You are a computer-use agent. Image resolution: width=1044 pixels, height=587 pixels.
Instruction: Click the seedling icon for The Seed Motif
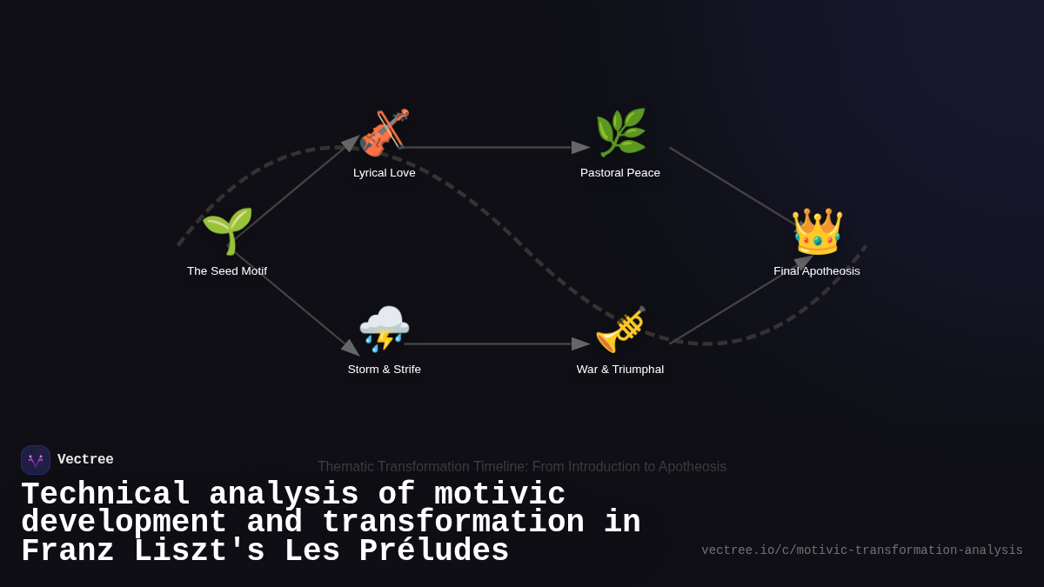pos(227,231)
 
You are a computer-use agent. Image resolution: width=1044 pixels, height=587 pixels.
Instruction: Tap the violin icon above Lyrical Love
pos(384,132)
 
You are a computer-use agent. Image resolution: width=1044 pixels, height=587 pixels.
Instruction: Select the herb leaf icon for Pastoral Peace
pos(620,132)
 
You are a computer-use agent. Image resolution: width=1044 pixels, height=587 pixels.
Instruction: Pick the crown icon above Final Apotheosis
pos(817,231)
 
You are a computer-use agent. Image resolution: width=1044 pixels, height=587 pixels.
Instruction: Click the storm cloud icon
pos(384,329)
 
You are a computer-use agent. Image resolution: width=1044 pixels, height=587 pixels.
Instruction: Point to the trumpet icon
pos(620,330)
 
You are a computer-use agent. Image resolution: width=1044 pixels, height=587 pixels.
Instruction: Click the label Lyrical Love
pos(385,173)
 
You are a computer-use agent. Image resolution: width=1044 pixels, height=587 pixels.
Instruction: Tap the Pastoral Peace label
pos(620,173)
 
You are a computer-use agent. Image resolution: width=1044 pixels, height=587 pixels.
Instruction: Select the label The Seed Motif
pos(227,271)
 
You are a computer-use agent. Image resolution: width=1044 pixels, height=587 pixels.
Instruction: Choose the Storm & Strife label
pos(385,370)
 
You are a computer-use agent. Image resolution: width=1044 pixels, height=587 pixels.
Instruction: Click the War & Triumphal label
pos(620,370)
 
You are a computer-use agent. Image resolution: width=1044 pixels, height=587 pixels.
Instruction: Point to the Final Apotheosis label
pos(817,271)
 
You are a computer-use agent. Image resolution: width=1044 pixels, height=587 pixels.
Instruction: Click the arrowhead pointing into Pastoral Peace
pos(581,148)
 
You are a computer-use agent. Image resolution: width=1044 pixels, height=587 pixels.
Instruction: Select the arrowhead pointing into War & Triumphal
pos(581,344)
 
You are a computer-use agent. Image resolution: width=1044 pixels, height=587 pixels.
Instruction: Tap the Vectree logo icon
pos(36,460)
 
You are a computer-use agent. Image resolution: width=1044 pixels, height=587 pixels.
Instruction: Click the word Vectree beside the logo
pos(85,460)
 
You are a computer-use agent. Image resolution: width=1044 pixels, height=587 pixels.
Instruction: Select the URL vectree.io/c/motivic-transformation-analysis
pos(862,550)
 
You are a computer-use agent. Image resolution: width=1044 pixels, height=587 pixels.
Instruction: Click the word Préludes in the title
pos(434,551)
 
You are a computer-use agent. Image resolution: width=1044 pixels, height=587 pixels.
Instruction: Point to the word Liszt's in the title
pos(210,551)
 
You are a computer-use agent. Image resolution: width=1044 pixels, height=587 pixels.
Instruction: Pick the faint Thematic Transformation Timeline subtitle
pos(522,467)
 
